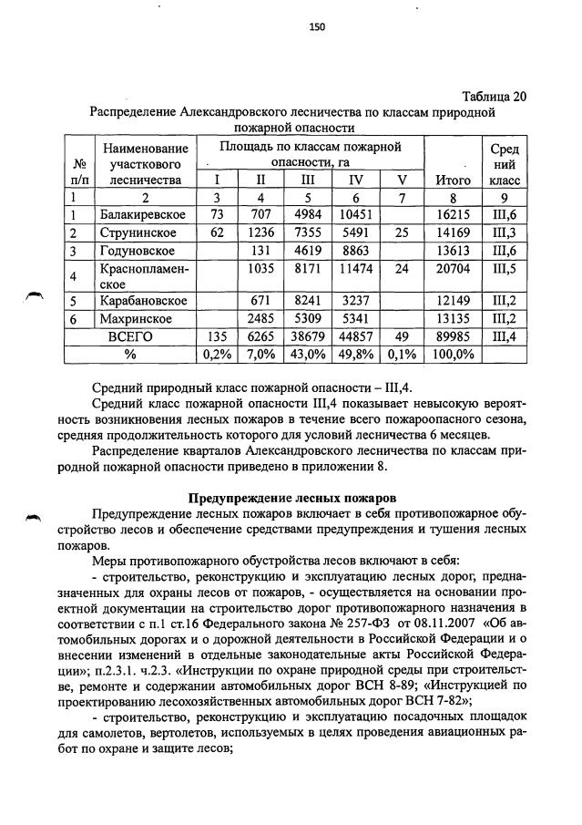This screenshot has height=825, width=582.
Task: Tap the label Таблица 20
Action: pos(494,97)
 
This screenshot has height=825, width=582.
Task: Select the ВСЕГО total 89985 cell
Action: pos(453,335)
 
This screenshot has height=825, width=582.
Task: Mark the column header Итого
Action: pos(453,180)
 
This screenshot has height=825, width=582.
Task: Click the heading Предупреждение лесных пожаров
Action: pos(291,499)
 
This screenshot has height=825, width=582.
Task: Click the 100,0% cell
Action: pos(453,353)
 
